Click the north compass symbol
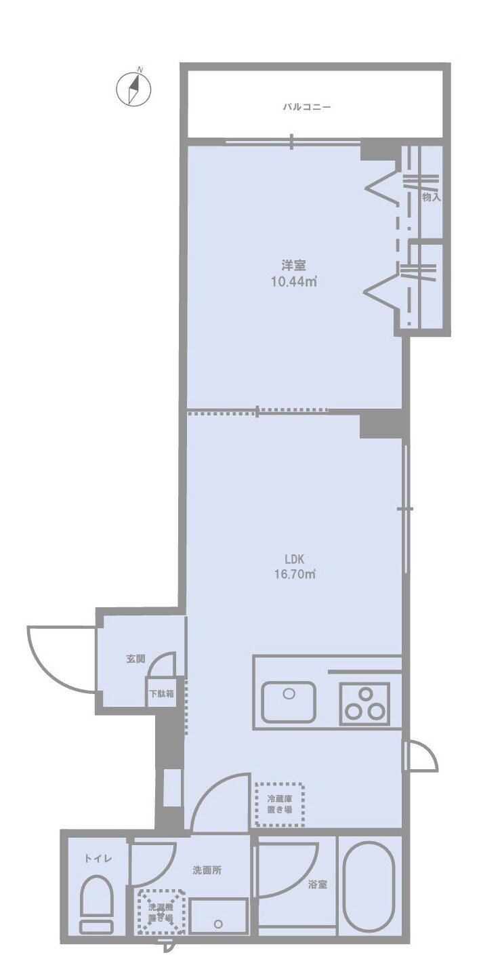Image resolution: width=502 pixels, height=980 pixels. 133,88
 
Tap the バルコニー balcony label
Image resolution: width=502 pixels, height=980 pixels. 307,107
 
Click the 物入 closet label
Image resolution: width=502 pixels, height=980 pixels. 431,197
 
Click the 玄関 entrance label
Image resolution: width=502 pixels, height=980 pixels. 135,658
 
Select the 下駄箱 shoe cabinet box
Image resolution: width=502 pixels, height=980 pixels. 162,693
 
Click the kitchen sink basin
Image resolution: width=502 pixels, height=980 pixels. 289,702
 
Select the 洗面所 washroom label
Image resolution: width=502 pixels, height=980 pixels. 207,871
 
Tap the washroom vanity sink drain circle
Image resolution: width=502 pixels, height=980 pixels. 218,923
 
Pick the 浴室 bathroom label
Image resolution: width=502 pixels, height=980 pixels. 317,884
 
